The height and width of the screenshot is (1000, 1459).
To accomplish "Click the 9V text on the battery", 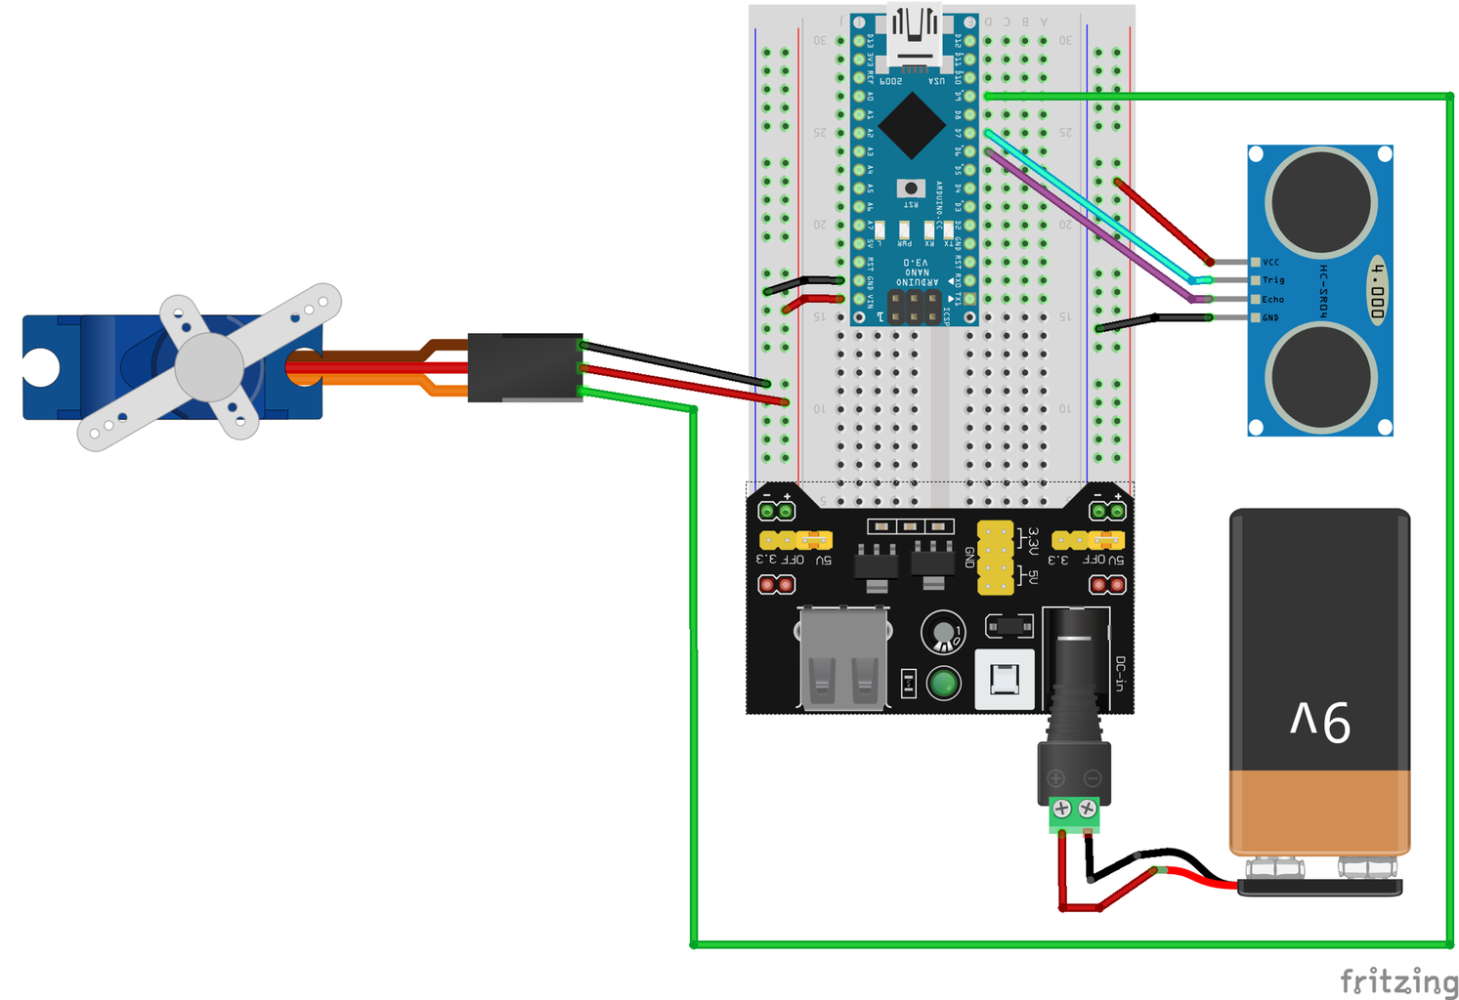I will tap(1320, 722).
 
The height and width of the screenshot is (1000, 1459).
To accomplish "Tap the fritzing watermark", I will tap(1398, 980).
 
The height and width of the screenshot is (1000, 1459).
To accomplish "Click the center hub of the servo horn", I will tap(208, 367).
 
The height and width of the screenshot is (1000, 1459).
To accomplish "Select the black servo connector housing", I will tap(525, 367).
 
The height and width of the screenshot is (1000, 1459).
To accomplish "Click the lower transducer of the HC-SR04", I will tap(1320, 378).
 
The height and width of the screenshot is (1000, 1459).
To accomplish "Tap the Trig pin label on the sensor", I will tap(1273, 280).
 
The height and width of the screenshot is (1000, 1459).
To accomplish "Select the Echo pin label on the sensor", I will tap(1273, 299).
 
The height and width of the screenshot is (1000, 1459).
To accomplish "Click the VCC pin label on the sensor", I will tap(1270, 262).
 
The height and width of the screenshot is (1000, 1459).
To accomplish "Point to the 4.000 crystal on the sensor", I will tap(1378, 291).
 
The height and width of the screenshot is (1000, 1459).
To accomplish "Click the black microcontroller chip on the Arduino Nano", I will tap(911, 125).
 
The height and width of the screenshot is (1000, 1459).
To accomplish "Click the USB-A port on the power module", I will tap(843, 656).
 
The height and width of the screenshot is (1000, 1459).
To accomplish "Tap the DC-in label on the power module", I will tap(1120, 674).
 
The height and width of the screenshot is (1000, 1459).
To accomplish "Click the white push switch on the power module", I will tap(1005, 678).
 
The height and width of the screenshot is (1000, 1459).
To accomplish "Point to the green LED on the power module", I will tap(943, 683).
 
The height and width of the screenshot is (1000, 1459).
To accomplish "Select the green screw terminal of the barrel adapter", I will tap(1074, 812).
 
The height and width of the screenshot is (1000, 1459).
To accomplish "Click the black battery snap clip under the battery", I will tap(1319, 887).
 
